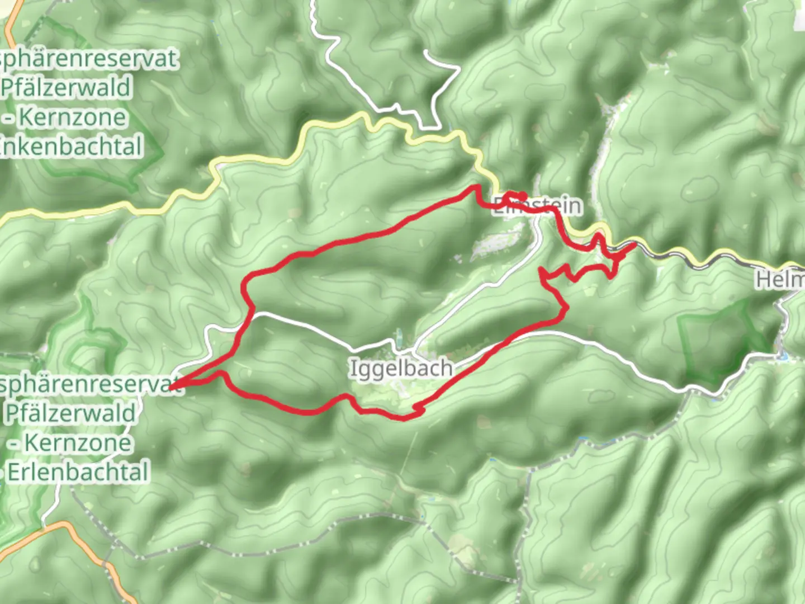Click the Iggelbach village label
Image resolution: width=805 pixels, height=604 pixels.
(x=401, y=369)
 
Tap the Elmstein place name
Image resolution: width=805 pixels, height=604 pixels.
(x=537, y=206)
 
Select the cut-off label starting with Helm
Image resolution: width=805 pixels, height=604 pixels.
(x=780, y=279)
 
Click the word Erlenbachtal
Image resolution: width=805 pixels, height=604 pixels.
(x=78, y=472)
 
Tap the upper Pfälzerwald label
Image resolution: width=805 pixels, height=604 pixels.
(x=66, y=88)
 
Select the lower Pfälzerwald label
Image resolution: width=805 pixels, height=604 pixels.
(x=70, y=413)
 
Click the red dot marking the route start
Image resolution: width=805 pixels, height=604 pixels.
(x=522, y=196)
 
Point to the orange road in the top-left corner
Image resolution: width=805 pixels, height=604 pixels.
(x=11, y=28)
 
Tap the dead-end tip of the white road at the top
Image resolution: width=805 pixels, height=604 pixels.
(x=426, y=52)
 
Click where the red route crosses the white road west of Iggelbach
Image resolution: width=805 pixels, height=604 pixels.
(x=250, y=314)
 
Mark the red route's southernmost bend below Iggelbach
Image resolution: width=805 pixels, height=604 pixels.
(x=404, y=418)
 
